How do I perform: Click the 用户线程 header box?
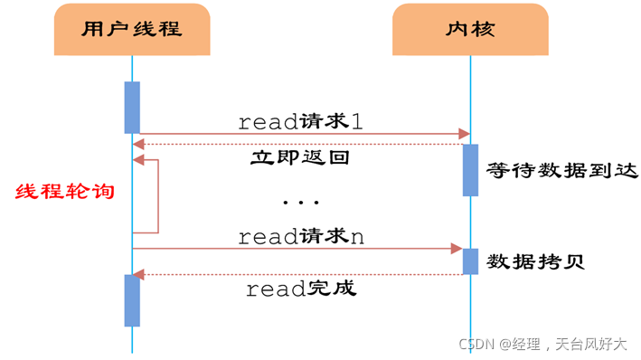(x=132, y=29)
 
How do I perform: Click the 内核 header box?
(x=470, y=29)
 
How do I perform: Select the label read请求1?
(x=300, y=122)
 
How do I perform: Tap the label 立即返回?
(x=299, y=157)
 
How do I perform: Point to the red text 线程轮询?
(x=65, y=191)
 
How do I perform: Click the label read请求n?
(x=301, y=236)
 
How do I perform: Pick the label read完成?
(x=301, y=289)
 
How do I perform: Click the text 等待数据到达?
(x=561, y=170)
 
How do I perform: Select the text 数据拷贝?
(x=536, y=262)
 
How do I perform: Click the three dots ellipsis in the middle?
(x=300, y=201)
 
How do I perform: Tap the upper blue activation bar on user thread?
(x=132, y=107)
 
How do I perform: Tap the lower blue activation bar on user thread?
(x=132, y=299)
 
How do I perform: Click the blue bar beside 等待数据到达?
(x=470, y=169)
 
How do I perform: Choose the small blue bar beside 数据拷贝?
(x=470, y=261)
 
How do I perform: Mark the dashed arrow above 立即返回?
(x=298, y=144)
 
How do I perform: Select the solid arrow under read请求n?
(x=298, y=247)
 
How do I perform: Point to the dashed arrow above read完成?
(x=298, y=274)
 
